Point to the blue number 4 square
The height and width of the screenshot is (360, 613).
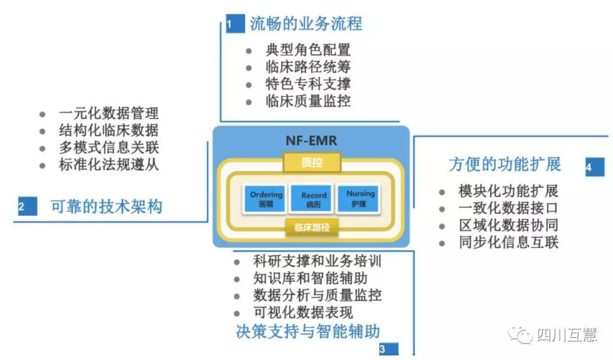(x=594, y=167)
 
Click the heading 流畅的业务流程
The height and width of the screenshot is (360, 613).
(x=306, y=24)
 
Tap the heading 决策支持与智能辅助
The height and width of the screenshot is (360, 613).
(x=308, y=331)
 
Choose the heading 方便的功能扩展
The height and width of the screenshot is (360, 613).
(x=505, y=165)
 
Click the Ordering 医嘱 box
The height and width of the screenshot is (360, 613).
(x=266, y=198)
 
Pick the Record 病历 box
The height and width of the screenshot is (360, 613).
(x=313, y=198)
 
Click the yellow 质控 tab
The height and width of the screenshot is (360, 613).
(x=312, y=163)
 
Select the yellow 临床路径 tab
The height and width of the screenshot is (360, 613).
(x=312, y=227)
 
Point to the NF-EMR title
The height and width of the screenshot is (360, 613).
(x=312, y=140)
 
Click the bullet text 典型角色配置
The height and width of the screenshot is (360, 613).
(x=308, y=50)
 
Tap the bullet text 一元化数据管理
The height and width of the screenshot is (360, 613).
(x=108, y=113)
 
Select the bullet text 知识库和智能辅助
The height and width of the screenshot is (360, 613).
(x=310, y=279)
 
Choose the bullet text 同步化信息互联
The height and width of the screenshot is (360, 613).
(x=508, y=242)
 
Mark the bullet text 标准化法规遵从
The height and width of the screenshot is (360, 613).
(x=108, y=165)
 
